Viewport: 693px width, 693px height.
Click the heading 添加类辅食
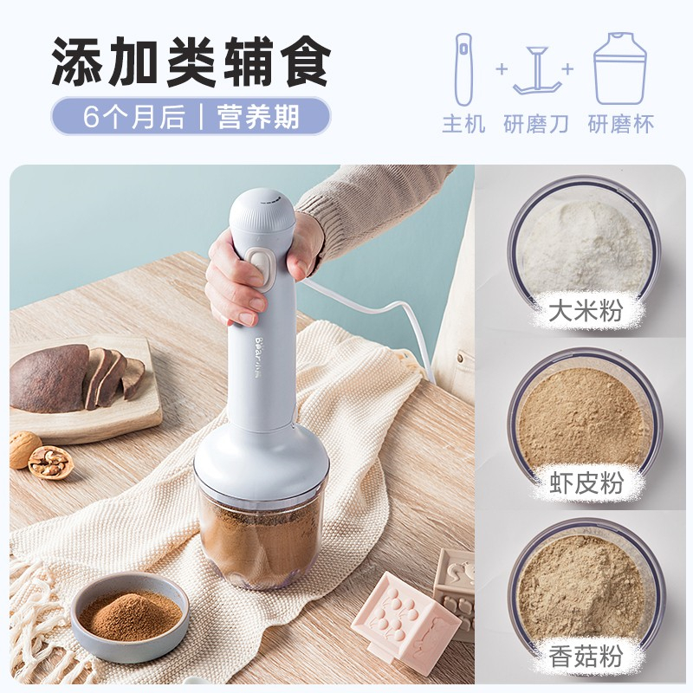[x=191, y=62]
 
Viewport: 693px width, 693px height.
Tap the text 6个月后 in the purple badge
[x=134, y=117]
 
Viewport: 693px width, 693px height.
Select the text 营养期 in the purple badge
[x=258, y=117]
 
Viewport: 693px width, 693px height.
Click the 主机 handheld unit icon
[x=464, y=69]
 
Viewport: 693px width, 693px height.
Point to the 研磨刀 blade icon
[x=537, y=71]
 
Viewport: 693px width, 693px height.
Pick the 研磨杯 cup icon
[x=620, y=68]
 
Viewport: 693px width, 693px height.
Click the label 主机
[x=464, y=124]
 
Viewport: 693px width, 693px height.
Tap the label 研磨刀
[x=536, y=124]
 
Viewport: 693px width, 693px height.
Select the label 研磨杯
[x=620, y=124]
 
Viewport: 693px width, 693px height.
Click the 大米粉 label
[x=586, y=310]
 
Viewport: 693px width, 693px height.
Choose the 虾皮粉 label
[x=586, y=483]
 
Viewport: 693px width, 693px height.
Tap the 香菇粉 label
[x=586, y=656]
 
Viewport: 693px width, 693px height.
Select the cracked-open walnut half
[x=50, y=462]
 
